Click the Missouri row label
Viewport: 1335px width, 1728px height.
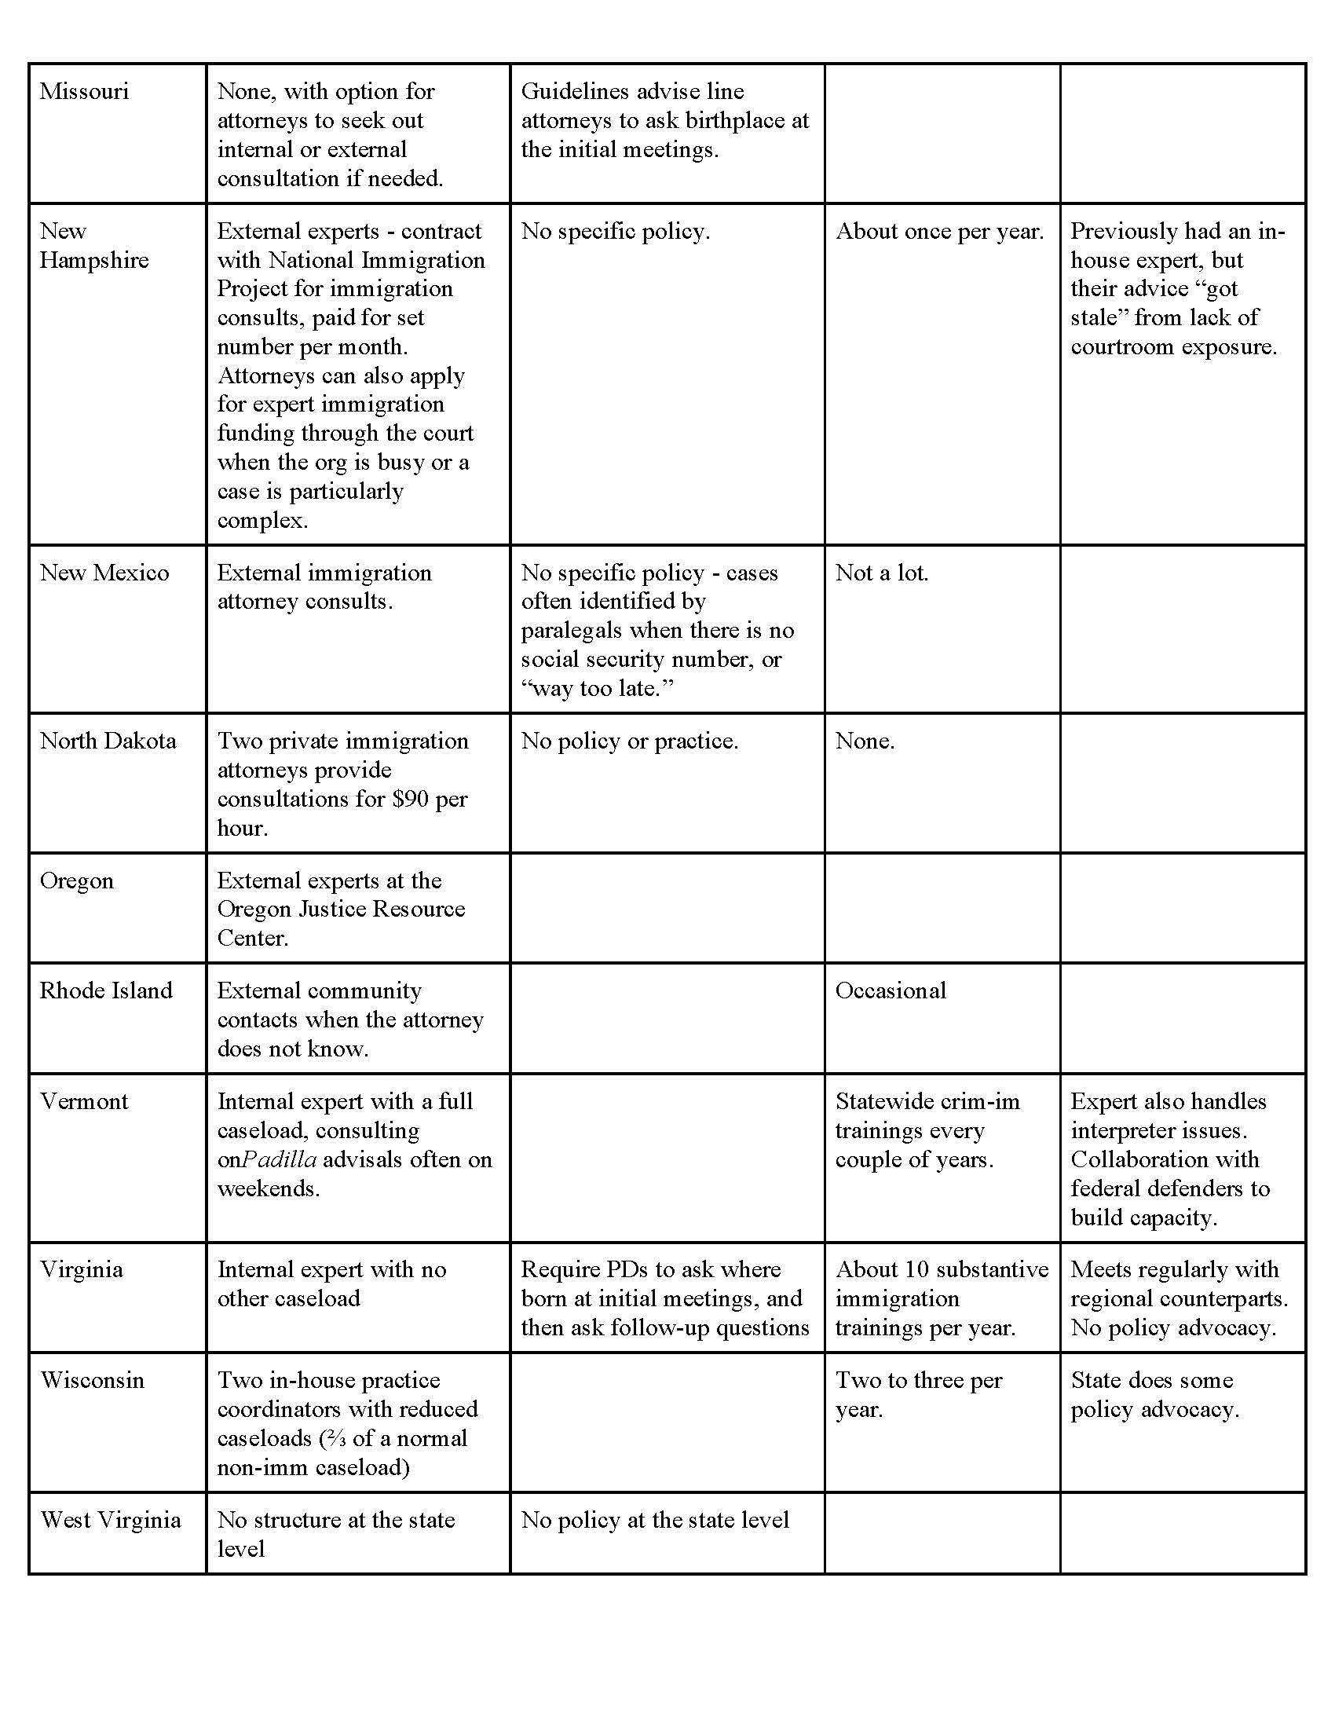pyautogui.click(x=84, y=91)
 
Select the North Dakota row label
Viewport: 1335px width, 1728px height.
pyautogui.click(x=108, y=741)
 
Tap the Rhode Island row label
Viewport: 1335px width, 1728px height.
pyautogui.click(x=106, y=990)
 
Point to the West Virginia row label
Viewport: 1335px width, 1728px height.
pyautogui.click(x=111, y=1520)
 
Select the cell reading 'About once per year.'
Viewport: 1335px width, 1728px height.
pyautogui.click(x=939, y=231)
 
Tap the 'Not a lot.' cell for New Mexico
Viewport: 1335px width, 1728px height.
pyautogui.click(x=882, y=573)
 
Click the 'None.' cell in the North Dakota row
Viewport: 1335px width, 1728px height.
pyautogui.click(x=865, y=741)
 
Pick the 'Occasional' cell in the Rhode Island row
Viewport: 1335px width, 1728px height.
pyautogui.click(x=891, y=990)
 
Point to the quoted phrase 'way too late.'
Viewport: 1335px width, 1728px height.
pyautogui.click(x=597, y=688)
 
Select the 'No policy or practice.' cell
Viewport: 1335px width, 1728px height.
pyautogui.click(x=630, y=741)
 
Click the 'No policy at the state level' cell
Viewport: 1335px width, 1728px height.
pyautogui.click(x=655, y=1520)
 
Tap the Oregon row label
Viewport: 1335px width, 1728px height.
pyautogui.click(x=77, y=880)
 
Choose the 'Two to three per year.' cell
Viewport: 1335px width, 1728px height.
pyautogui.click(x=918, y=1394)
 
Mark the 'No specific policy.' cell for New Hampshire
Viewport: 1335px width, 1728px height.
pyautogui.click(x=616, y=231)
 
